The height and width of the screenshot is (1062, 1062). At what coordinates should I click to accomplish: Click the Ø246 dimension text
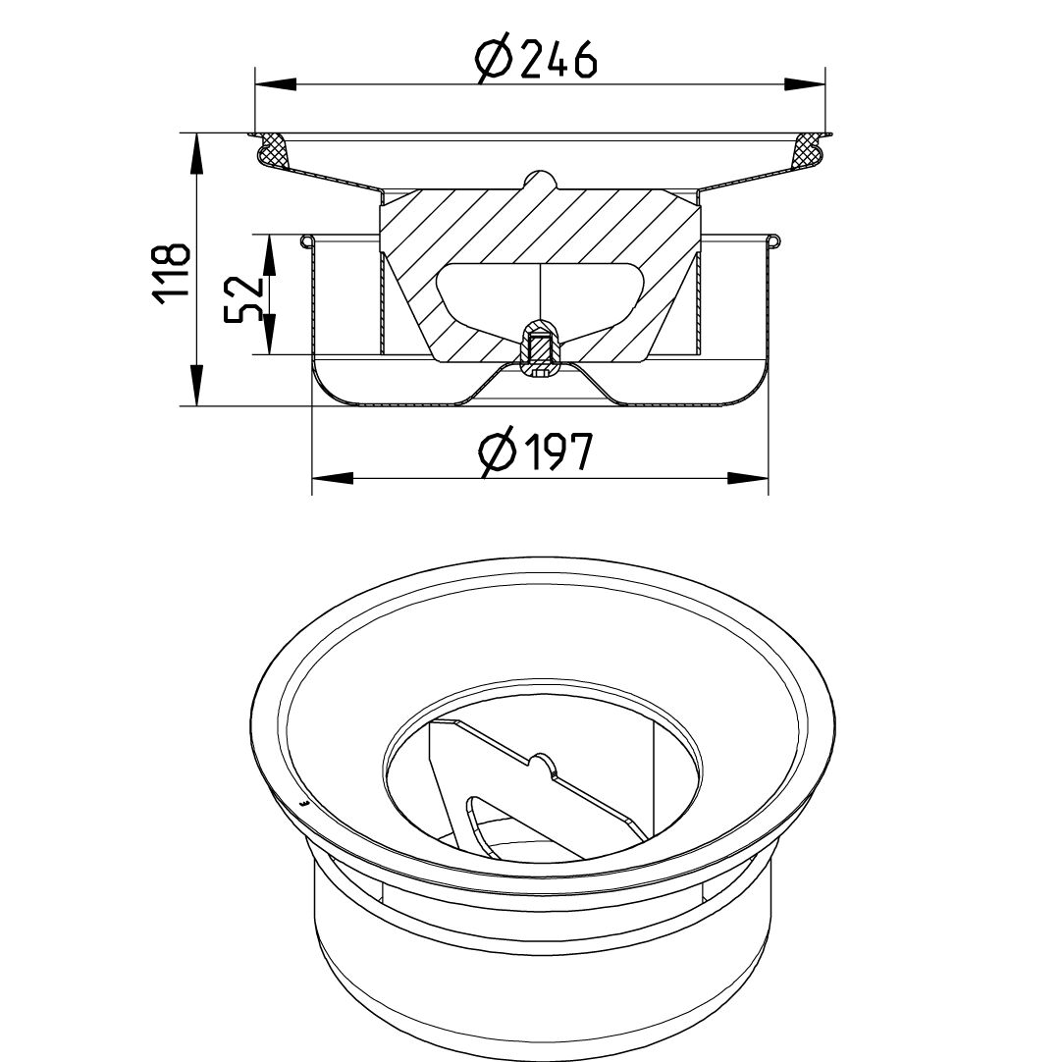[536, 60]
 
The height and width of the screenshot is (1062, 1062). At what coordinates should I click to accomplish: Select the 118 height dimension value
[171, 272]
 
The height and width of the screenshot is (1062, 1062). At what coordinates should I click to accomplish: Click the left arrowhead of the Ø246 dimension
[275, 85]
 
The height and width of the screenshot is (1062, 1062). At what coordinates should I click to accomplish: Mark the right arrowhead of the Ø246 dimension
[805, 85]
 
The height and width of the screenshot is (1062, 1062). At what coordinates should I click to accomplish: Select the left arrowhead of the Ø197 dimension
[332, 478]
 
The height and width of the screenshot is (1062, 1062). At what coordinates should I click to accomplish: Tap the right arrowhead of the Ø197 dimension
[748, 478]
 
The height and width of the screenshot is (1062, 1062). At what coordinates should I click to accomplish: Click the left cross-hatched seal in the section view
[272, 150]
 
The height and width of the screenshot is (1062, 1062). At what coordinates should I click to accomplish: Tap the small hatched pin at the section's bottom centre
[539, 348]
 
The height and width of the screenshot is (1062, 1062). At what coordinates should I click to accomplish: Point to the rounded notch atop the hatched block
[539, 181]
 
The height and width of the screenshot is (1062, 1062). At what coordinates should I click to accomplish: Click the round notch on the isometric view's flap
[542, 763]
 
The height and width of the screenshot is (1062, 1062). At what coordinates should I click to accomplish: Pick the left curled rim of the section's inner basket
[307, 239]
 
